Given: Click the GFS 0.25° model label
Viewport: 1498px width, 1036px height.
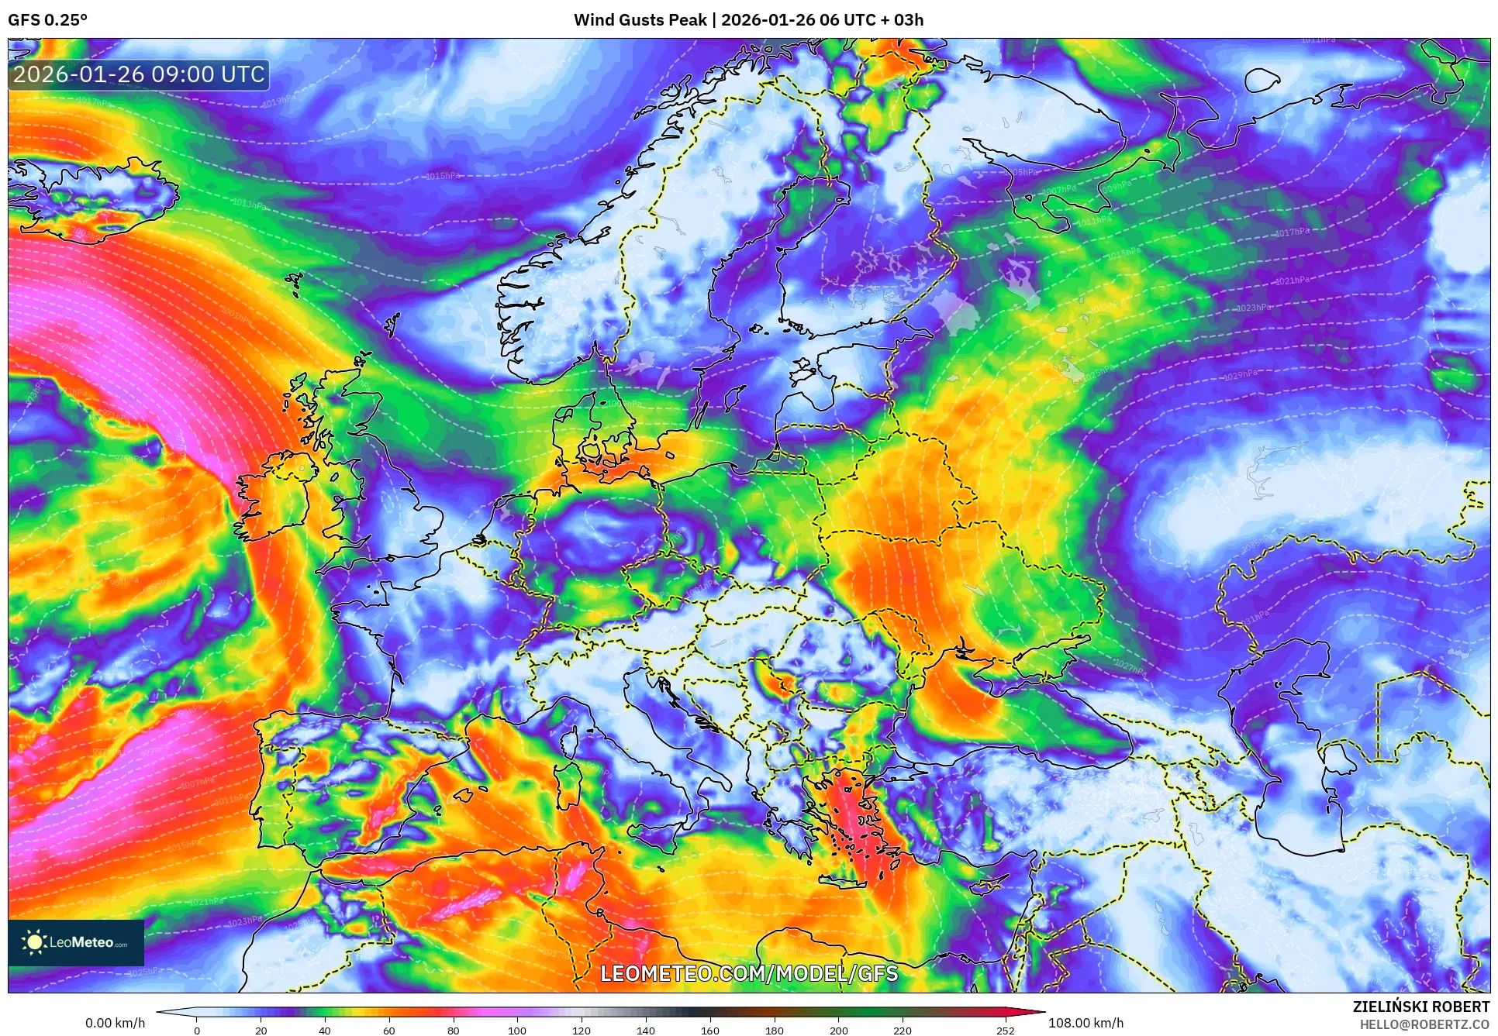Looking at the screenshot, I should (x=47, y=20).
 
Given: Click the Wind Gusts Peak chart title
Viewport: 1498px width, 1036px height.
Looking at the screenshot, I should (x=748, y=20).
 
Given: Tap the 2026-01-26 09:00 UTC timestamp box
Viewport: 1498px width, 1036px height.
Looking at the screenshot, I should (x=139, y=74).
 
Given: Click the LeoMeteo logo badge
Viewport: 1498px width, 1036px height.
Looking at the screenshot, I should (x=76, y=942).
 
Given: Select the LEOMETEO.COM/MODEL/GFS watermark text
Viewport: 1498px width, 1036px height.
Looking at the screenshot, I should (x=749, y=973).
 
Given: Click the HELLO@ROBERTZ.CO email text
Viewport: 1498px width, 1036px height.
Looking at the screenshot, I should (x=1424, y=1024).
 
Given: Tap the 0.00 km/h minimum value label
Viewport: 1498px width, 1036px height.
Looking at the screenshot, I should (x=115, y=1023).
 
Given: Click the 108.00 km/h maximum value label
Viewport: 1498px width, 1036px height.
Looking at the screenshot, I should (x=1086, y=1023).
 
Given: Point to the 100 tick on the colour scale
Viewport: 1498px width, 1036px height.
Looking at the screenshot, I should (x=517, y=1031).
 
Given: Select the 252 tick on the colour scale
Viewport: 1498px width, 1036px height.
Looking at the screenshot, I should (x=1005, y=1031).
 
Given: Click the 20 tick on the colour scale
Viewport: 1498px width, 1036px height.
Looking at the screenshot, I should (x=261, y=1031).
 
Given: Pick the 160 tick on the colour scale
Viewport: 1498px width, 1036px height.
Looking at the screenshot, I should (x=709, y=1031).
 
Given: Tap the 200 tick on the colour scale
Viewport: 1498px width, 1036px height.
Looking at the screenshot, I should (x=838, y=1031).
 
